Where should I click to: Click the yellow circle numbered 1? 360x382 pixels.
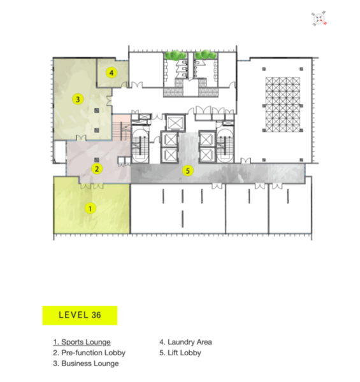pos(90,209)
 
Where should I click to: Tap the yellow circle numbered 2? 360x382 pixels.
pos(97,169)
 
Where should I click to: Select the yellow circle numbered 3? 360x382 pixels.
pos(78,99)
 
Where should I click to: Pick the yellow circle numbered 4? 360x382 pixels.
pos(112,73)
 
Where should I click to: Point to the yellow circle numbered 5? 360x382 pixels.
pos(188,171)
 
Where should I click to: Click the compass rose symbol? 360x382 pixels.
pos(319,18)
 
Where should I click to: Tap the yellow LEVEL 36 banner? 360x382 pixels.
pos(80,315)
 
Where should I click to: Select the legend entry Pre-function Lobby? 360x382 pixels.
pos(89,353)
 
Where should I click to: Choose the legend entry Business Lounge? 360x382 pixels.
pos(86,364)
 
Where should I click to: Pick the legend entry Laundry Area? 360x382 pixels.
pos(185,342)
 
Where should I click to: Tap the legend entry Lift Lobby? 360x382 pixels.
pos(180,353)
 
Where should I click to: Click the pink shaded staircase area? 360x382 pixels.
pos(122,127)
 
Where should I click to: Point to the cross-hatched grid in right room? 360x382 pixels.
pos(283,104)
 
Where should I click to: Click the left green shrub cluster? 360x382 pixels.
pos(175,55)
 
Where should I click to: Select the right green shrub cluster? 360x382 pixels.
pos(206,55)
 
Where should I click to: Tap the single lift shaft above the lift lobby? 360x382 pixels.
pos(175,122)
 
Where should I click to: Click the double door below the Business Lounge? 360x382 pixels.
pos(81,138)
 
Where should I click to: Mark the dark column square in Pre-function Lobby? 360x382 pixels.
pos(97,160)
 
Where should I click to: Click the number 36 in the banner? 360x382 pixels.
pos(96,315)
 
